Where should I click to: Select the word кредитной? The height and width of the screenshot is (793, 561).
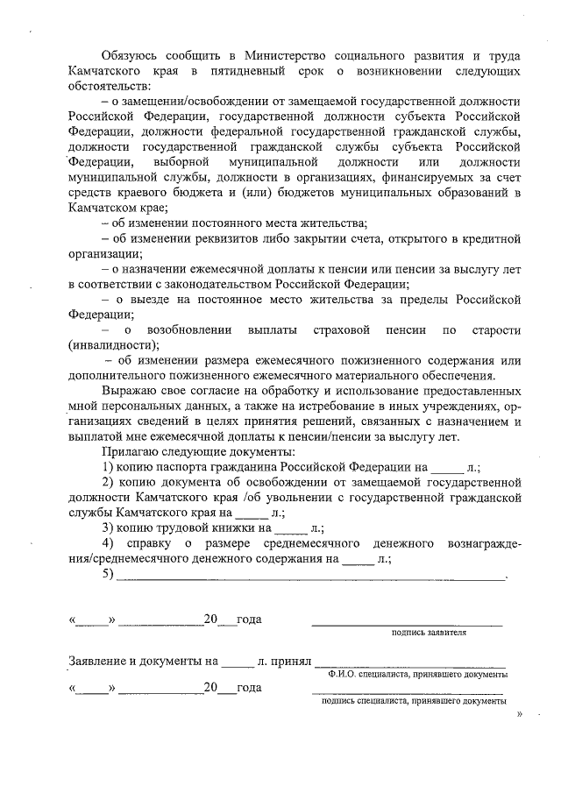coord(493,239)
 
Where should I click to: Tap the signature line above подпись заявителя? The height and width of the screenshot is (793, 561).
coord(407,623)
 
